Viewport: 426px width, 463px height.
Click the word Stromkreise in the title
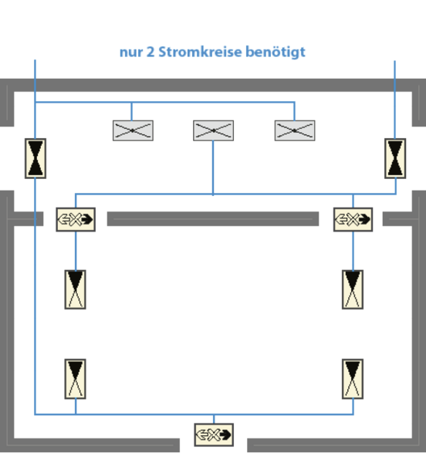201,52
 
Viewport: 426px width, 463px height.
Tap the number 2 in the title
150,52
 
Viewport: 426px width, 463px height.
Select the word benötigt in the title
276,52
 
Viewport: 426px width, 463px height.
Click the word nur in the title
131,53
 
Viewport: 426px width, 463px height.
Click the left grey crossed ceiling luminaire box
133,130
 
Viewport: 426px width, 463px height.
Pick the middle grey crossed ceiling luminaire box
214,130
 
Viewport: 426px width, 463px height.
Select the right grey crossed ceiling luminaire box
295,130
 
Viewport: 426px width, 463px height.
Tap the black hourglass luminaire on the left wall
35,158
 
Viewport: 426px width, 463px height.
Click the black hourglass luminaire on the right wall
395,158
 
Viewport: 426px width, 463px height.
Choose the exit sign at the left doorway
76,219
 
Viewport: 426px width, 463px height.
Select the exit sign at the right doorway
353,219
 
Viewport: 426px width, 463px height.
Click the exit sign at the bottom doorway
214,434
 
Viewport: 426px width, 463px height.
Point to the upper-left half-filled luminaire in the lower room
76,289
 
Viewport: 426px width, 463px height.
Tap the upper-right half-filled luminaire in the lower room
353,289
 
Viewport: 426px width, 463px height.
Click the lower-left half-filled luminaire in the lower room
76,379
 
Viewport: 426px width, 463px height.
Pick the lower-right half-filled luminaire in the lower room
353,379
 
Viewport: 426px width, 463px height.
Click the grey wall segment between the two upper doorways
213,219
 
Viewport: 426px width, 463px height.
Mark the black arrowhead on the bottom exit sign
225,434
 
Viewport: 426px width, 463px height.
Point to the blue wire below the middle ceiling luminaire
213,167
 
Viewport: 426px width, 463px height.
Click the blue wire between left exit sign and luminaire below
76,251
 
